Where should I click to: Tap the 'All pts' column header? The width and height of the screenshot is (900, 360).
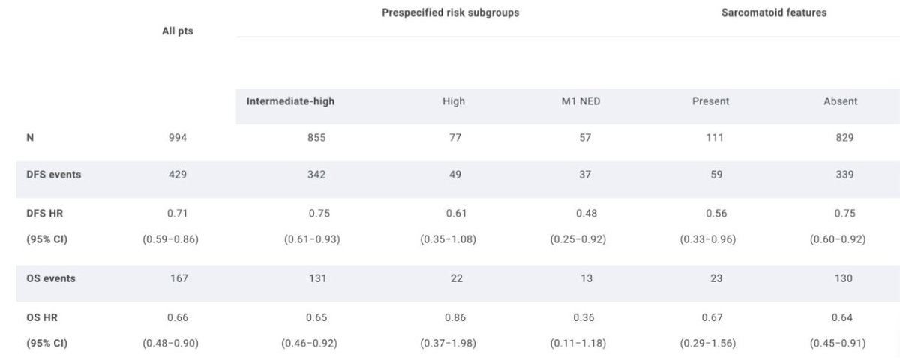pyautogui.click(x=178, y=31)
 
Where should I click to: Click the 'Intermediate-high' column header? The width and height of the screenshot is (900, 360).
pyautogui.click(x=290, y=101)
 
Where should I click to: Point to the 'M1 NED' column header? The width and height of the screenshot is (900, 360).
pyautogui.click(x=585, y=101)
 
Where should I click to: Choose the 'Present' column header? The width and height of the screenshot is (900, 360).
pyautogui.click(x=710, y=101)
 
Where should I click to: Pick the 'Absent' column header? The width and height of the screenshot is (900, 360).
pyautogui.click(x=840, y=101)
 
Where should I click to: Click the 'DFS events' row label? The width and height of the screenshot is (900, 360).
pyautogui.click(x=53, y=175)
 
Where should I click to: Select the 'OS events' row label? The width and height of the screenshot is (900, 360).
pyautogui.click(x=51, y=278)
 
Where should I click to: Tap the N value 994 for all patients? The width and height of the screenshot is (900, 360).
pyautogui.click(x=178, y=138)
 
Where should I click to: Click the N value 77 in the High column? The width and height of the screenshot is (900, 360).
pyautogui.click(x=454, y=138)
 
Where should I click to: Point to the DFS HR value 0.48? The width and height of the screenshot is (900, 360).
pyautogui.click(x=586, y=214)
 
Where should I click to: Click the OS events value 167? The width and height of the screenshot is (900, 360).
pyautogui.click(x=178, y=278)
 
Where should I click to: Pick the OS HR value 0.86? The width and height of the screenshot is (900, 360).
pyautogui.click(x=454, y=317)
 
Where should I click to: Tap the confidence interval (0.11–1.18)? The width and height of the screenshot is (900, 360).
pyautogui.click(x=586, y=343)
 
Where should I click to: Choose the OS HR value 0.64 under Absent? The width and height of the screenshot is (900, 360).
pyautogui.click(x=841, y=317)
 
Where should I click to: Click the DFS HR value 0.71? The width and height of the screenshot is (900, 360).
pyautogui.click(x=178, y=214)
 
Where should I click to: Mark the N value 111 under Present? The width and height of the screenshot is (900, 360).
pyautogui.click(x=716, y=138)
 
